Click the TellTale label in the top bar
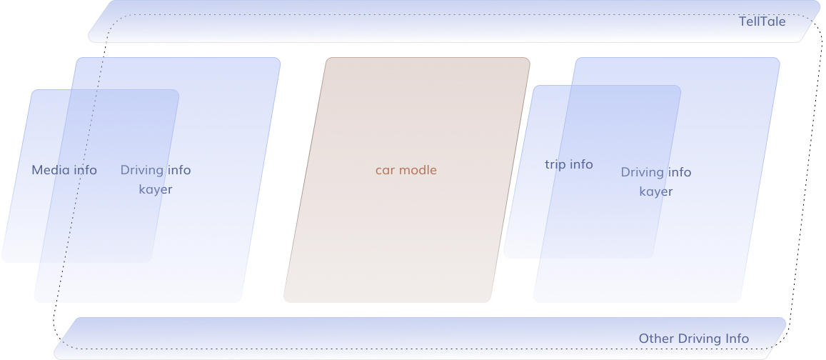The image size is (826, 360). (x=762, y=21)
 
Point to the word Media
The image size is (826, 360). (x=50, y=170)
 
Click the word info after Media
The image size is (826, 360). (x=85, y=170)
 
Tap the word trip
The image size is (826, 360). (x=555, y=164)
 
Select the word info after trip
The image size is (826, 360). (x=581, y=164)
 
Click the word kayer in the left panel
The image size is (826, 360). (x=156, y=189)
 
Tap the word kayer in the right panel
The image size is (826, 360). (x=656, y=191)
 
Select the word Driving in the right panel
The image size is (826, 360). (x=642, y=172)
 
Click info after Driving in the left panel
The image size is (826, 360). (x=179, y=170)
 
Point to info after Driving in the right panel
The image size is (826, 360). (x=680, y=172)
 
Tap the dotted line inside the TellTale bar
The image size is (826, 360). (x=428, y=14)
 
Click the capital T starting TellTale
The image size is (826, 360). (x=742, y=21)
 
